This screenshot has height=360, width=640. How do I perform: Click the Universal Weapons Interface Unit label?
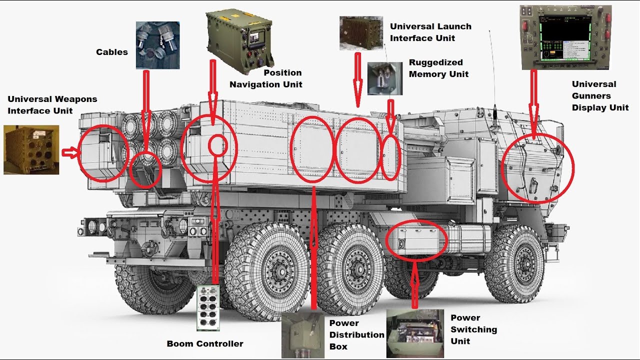pos(52,105)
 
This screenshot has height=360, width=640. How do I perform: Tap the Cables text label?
pos(112,52)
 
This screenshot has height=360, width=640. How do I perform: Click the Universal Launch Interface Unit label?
pos(430,32)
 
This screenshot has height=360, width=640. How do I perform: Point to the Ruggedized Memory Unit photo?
pos(384,78)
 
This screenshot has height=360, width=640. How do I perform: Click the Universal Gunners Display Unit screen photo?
pos(565,37)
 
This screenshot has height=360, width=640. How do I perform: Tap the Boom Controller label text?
pos(205,343)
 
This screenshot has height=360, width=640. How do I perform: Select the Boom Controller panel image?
pos(208,307)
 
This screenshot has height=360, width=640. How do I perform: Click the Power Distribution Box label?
pos(356,334)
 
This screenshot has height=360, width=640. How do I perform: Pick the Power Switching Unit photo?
pos(415,333)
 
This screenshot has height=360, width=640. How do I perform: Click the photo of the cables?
pos(157,45)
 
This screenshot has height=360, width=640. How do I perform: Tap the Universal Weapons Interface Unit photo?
pos(31,149)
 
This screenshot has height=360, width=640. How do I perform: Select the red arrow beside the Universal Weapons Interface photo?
pos(70,152)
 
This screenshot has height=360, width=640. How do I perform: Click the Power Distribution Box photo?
pos(303,335)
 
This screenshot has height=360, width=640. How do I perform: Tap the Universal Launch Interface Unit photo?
pos(361,32)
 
